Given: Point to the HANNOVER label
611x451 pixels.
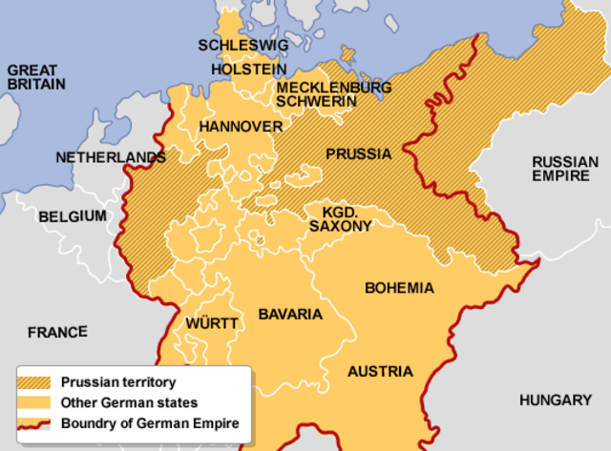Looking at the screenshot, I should pyautogui.click(x=241, y=127).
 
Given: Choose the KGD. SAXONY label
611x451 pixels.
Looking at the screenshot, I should pyautogui.click(x=340, y=219).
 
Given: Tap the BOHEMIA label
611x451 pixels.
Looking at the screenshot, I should pyautogui.click(x=399, y=288).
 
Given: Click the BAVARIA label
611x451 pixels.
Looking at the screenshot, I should pyautogui.click(x=291, y=314).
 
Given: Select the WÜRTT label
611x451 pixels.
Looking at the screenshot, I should pyautogui.click(x=212, y=323).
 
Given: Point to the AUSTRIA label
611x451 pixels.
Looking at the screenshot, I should pyautogui.click(x=380, y=372).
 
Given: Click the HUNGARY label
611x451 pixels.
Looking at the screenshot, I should pyautogui.click(x=556, y=400).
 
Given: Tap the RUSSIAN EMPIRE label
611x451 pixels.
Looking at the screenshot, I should pyautogui.click(x=565, y=169).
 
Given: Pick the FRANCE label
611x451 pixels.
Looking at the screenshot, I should pyautogui.click(x=57, y=333).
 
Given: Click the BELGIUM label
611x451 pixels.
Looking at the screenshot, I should pyautogui.click(x=73, y=216).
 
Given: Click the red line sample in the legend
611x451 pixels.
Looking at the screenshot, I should pyautogui.click(x=37, y=422).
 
